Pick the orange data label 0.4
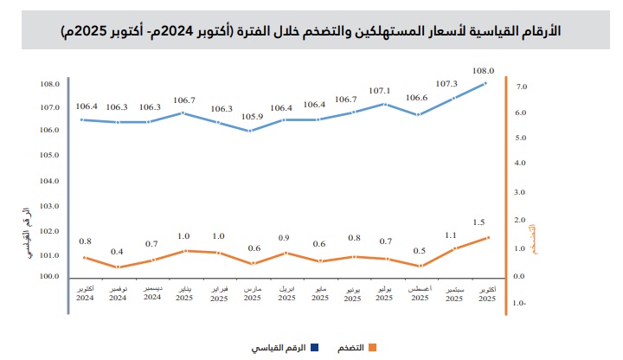pos(118,252)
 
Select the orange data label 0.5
pos(420,251)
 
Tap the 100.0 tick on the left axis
pos(49,277)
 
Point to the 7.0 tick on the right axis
pos(521,87)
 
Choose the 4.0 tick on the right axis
pos(521,163)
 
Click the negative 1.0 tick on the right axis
pos(519,304)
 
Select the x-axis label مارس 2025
pos(252,292)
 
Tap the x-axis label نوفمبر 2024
pos(118,292)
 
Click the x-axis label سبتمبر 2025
pos(453,292)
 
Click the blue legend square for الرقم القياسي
pos(314,348)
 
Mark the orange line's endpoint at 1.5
pos(488,237)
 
